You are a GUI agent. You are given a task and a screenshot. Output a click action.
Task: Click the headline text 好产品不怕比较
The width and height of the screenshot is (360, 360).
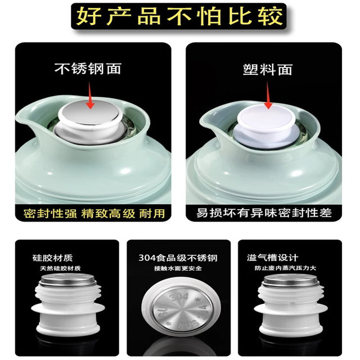click(179, 17)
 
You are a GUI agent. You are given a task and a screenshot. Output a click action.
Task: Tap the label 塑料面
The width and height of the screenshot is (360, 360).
click(268, 70)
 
